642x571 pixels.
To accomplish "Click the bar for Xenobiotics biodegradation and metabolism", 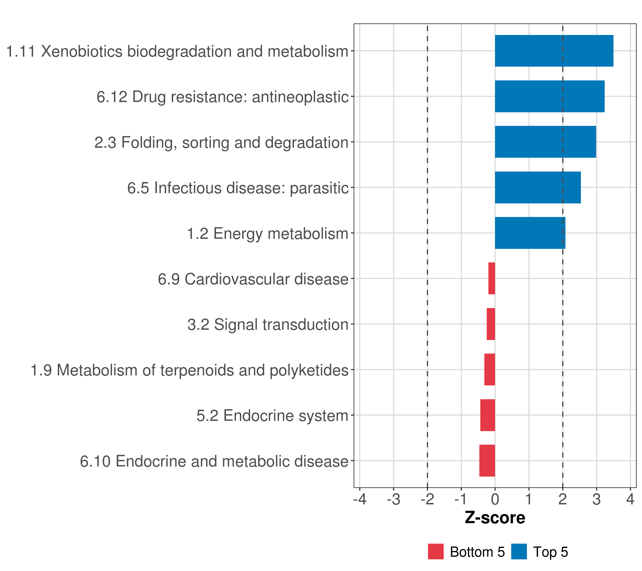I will pos(554,51).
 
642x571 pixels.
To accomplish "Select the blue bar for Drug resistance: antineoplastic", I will pos(549,97).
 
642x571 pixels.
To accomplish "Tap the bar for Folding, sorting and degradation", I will pos(545,142).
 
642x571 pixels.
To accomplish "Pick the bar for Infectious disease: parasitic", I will pos(538,188).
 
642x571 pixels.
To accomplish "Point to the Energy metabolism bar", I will pos(530,233).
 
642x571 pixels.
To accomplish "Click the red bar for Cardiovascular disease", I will pos(491,278).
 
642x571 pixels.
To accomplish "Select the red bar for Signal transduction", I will pos(491,324).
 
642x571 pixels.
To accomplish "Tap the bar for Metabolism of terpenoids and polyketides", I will pos(489,369).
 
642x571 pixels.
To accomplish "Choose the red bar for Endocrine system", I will pos(487,415).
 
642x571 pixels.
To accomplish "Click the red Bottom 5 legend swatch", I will pos(436,551).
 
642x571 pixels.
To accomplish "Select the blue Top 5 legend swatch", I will pos(519,551).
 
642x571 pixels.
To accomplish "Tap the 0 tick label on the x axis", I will pos(495,499).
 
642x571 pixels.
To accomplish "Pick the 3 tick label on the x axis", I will pos(596,499).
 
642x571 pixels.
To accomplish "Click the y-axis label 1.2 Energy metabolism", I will pos(267,233).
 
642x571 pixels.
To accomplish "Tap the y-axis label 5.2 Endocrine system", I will pos(272,415).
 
